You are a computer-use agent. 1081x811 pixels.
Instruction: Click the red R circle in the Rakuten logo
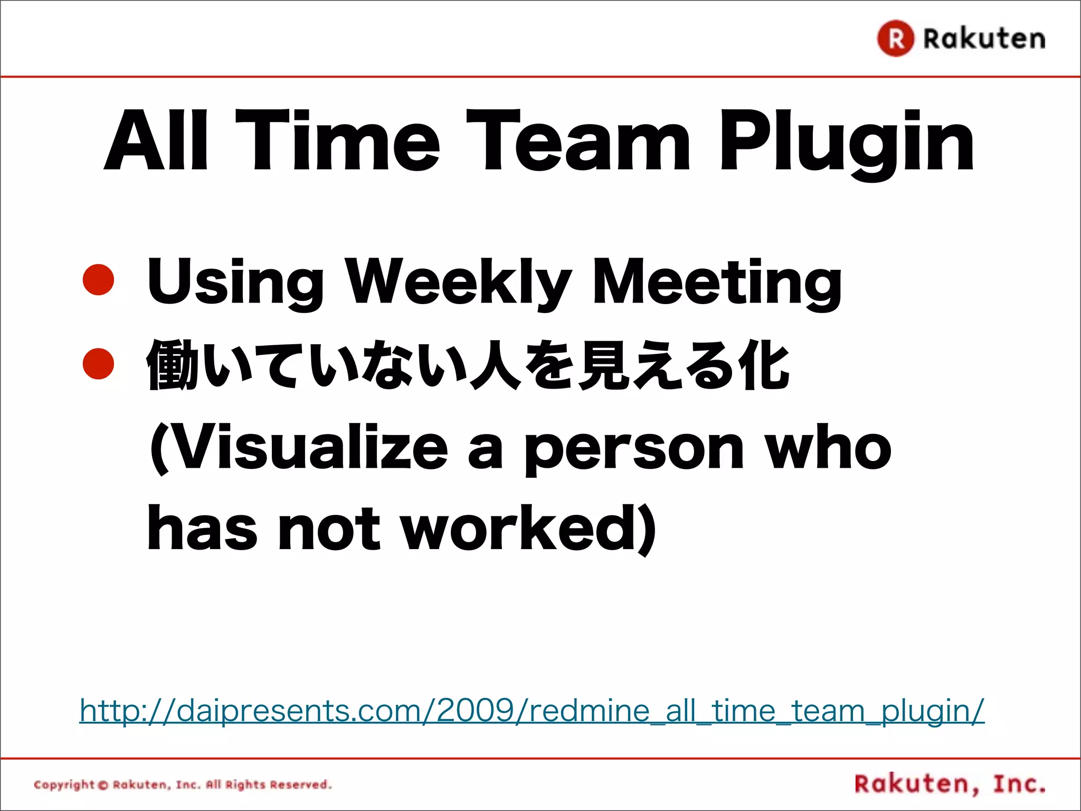(895, 39)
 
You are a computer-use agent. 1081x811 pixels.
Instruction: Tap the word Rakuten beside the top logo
(984, 39)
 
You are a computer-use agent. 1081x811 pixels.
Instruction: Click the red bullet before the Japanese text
(99, 364)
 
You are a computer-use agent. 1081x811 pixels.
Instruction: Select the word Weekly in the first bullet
(458, 282)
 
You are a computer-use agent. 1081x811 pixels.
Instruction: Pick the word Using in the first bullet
(235, 282)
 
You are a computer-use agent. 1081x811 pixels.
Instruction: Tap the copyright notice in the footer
(183, 785)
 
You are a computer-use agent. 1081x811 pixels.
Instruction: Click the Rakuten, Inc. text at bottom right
(950, 784)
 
